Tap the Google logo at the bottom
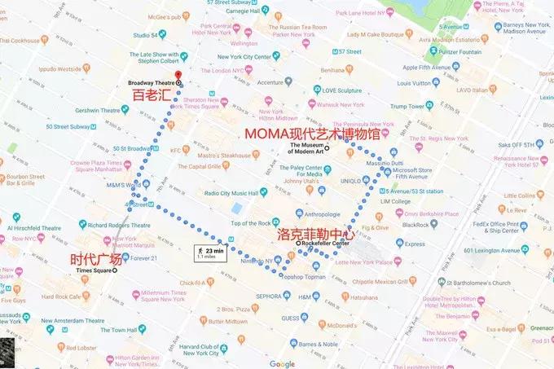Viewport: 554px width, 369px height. pos(282,363)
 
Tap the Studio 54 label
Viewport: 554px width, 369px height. pos(147,35)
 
